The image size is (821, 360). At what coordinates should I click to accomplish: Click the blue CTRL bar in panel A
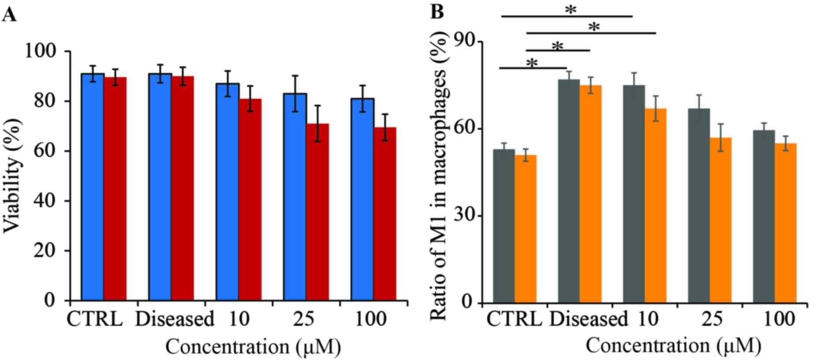pyautogui.click(x=93, y=187)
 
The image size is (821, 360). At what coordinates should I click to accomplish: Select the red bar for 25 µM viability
pyautogui.click(x=318, y=212)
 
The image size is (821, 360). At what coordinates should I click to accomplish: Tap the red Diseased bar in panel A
pyautogui.click(x=183, y=188)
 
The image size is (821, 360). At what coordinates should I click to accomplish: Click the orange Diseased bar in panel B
pyautogui.click(x=591, y=194)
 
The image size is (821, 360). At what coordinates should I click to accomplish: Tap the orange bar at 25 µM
pyautogui.click(x=721, y=220)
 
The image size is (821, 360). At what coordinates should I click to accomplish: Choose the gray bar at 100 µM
pyautogui.click(x=764, y=216)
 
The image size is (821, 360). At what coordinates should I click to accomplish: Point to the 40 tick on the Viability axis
pyautogui.click(x=45, y=201)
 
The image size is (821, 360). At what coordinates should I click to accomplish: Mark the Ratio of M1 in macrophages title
pyautogui.click(x=438, y=176)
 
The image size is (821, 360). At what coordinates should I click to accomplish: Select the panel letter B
pyautogui.click(x=437, y=12)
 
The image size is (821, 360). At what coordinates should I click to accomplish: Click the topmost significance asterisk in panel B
pyautogui.click(x=571, y=10)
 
